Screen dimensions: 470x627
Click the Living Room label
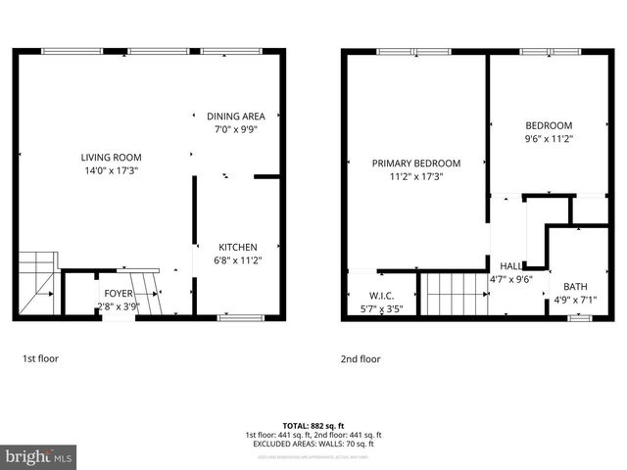point(111,157)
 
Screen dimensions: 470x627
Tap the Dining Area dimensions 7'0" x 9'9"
point(235,128)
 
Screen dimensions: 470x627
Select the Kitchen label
point(237,247)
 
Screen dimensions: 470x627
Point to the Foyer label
point(119,293)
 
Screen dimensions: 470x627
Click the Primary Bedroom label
point(415,164)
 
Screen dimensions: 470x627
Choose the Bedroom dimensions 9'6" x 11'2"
point(549,138)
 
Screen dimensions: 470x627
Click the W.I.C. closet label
point(382,296)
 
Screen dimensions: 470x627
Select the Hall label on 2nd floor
point(510,265)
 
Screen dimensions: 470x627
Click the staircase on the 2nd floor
point(453,294)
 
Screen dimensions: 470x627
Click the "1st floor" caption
point(40,359)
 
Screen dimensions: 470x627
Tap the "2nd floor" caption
point(361,359)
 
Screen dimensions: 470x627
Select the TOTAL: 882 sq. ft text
point(313,426)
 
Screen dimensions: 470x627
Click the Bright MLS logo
point(39,456)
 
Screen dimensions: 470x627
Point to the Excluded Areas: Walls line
point(313,444)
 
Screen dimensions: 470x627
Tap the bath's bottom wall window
point(580,317)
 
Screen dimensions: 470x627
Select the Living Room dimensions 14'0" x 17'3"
point(111,170)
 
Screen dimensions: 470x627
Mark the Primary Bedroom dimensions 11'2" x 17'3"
point(415,177)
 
